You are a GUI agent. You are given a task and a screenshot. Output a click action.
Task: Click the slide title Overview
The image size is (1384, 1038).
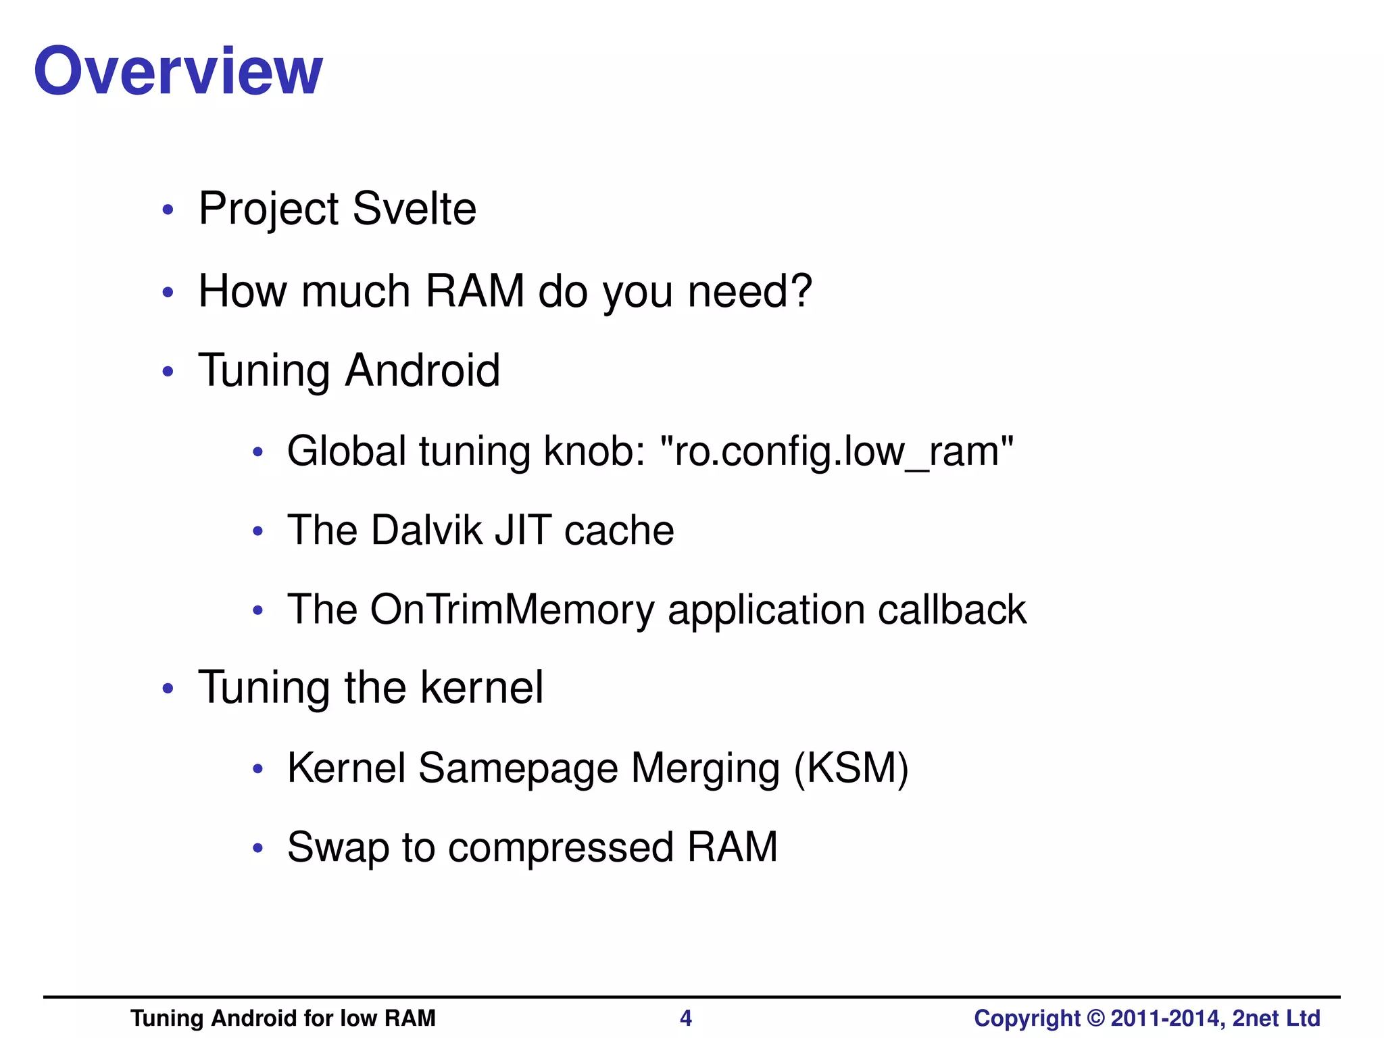click(178, 71)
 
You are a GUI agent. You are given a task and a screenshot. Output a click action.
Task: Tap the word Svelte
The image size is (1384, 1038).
click(414, 208)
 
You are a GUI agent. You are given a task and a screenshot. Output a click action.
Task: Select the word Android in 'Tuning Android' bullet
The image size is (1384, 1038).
click(422, 370)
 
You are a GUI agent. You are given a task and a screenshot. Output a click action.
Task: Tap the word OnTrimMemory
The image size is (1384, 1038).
click(512, 609)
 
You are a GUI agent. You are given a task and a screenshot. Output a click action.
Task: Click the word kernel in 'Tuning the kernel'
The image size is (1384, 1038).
click(481, 687)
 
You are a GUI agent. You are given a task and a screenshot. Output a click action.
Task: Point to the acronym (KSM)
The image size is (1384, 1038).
click(851, 768)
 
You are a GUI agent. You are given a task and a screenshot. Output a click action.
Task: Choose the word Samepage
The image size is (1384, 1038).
click(518, 769)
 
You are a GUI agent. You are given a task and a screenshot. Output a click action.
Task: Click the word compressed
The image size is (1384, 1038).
click(561, 847)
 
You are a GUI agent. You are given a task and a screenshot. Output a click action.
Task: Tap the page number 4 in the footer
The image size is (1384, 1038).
click(685, 1018)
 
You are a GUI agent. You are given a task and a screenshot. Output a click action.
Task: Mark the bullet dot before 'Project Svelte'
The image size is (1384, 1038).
click(168, 209)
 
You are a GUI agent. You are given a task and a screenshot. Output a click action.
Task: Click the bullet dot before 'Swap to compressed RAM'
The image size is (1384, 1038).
click(257, 848)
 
